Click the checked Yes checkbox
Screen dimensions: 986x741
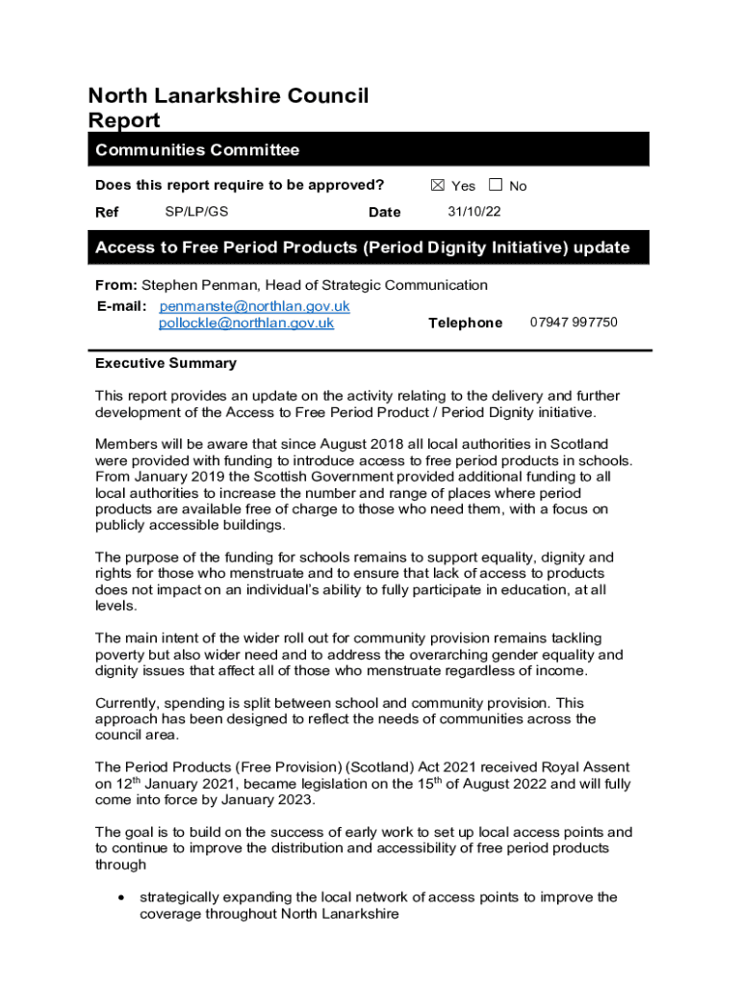pos(438,185)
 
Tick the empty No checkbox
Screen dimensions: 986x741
pos(496,185)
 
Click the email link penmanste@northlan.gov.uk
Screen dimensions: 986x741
pos(254,306)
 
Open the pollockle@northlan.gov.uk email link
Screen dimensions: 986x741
pos(245,324)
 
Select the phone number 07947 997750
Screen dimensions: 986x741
pos(574,323)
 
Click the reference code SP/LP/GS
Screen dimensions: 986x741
pos(196,211)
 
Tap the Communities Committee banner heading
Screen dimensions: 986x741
pos(197,150)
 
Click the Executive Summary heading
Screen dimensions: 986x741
pos(166,363)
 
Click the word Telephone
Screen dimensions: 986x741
pos(465,323)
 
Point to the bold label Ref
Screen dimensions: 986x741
pos(107,212)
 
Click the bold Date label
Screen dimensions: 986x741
pos(384,212)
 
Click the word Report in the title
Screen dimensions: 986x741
pos(124,121)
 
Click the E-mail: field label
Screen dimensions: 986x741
pos(121,306)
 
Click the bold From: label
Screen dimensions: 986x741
pos(115,285)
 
